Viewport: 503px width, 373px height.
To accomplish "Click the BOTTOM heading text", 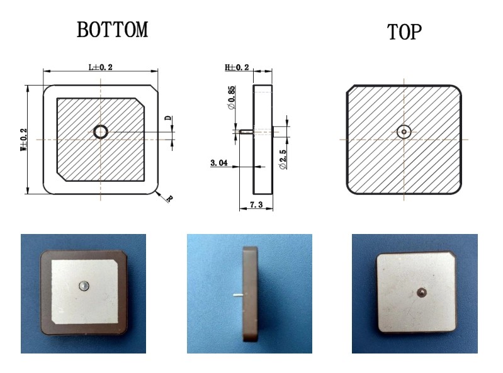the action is (x=112, y=30).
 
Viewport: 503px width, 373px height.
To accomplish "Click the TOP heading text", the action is (x=404, y=31).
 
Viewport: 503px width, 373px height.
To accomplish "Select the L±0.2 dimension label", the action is (x=100, y=67).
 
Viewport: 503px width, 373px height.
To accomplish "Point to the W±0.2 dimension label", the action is (x=24, y=140).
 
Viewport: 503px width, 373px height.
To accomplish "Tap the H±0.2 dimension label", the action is (x=237, y=67).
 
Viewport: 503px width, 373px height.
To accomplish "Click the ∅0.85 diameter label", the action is (x=231, y=97).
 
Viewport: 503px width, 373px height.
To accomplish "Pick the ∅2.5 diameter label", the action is (x=283, y=159).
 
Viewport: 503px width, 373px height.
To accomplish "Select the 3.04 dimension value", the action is (x=219, y=163).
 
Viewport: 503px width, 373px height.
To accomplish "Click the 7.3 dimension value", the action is (x=256, y=204).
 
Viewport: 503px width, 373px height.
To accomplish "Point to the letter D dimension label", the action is (x=168, y=118).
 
